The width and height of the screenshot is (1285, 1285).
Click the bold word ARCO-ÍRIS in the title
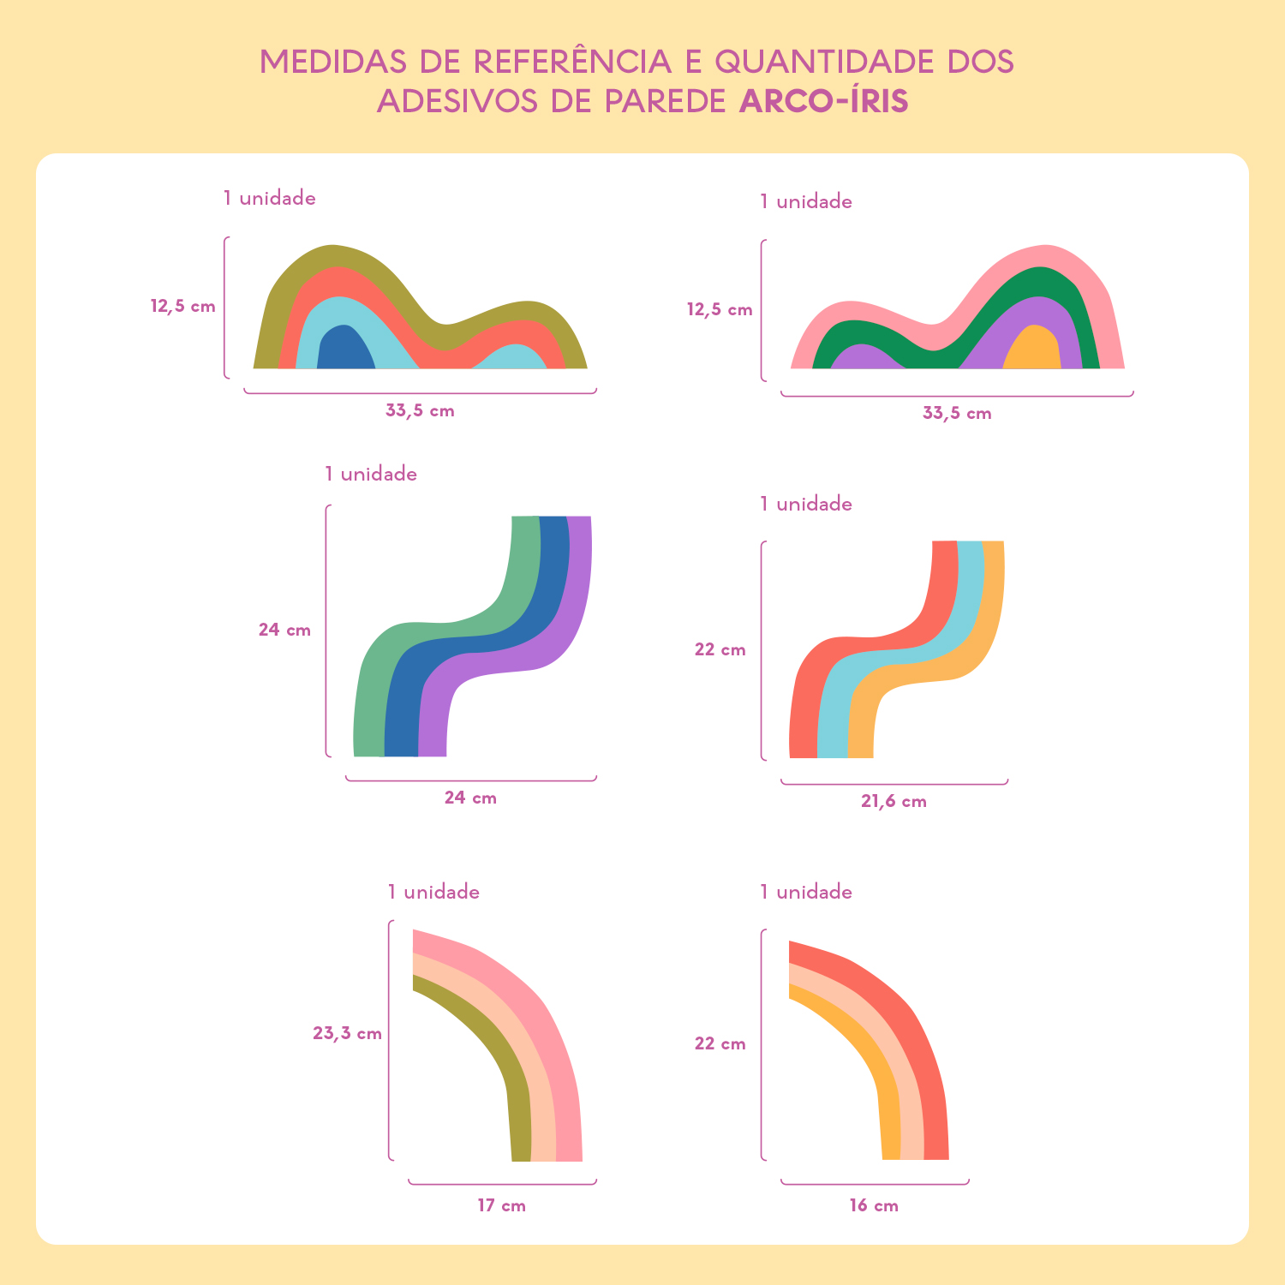[x=823, y=101]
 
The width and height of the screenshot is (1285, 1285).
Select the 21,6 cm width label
[x=894, y=802]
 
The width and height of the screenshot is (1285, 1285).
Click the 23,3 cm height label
[x=347, y=1033]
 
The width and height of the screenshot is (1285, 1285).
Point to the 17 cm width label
[x=501, y=1206]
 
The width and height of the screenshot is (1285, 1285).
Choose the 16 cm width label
[x=874, y=1206]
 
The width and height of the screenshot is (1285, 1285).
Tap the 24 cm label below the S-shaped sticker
[x=470, y=798]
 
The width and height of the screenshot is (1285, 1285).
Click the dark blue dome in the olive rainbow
[x=344, y=350]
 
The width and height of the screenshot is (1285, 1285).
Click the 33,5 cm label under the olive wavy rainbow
[x=420, y=410]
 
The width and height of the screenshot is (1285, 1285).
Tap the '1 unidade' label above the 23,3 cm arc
[x=433, y=892]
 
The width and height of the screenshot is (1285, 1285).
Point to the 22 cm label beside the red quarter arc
[x=720, y=1043]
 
